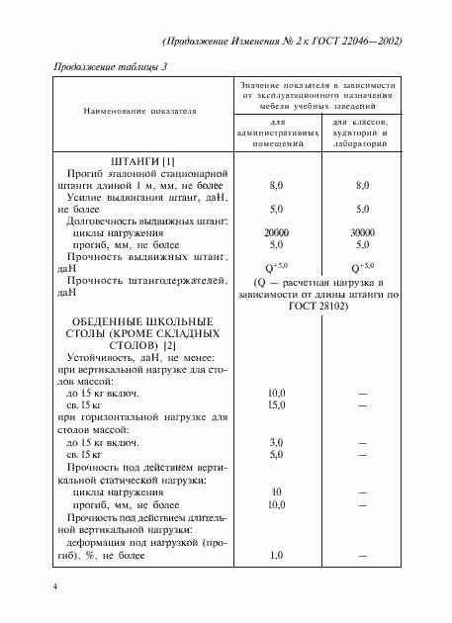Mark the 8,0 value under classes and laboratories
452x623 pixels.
pos(361,185)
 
